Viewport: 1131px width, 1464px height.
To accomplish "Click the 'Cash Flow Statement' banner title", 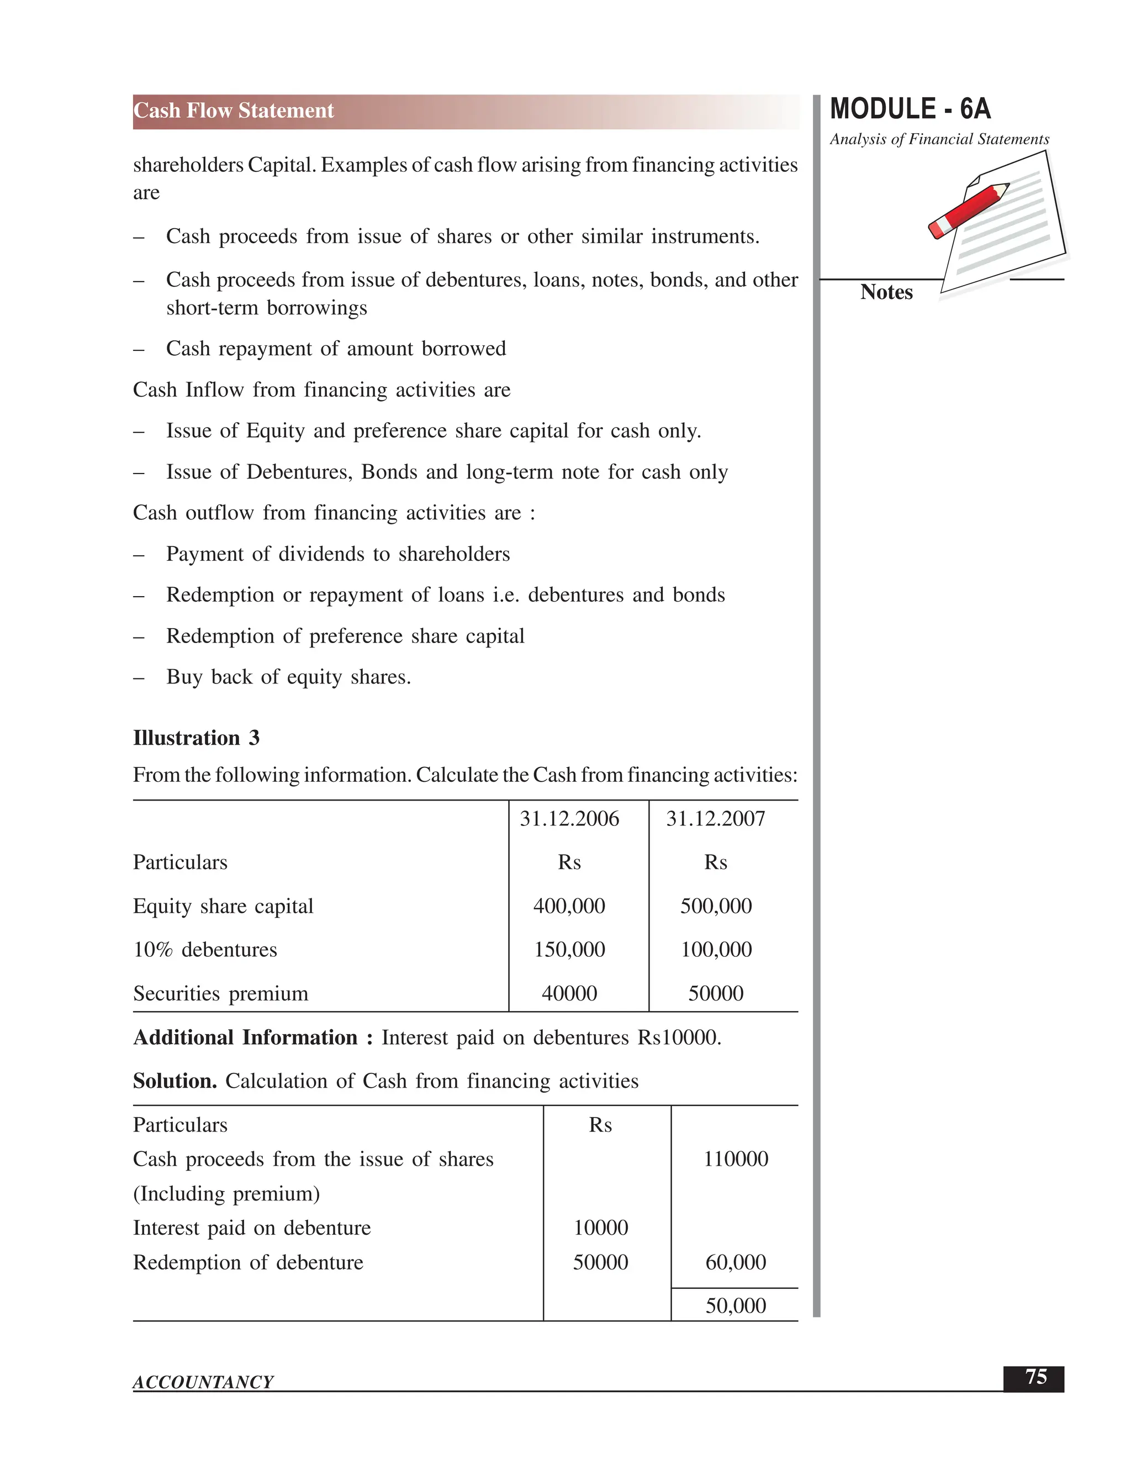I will [233, 110].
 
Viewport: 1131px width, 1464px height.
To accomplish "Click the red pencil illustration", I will [969, 210].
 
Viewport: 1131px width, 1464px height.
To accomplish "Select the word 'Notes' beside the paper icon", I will [886, 292].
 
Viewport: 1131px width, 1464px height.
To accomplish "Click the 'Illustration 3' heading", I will [195, 738].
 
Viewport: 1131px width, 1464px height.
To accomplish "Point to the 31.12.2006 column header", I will [569, 819].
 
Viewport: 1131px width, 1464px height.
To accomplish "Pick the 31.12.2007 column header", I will [715, 819].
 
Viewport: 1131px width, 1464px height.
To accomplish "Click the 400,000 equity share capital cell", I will [569, 906].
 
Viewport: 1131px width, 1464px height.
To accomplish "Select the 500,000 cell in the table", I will [716, 906].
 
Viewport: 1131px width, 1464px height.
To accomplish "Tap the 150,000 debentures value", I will [569, 950].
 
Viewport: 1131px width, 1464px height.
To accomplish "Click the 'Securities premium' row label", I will [220, 993].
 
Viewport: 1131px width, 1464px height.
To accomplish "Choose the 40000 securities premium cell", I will [569, 993].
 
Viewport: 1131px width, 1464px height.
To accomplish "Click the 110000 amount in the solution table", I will [735, 1159].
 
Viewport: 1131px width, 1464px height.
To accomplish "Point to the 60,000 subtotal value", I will [735, 1262].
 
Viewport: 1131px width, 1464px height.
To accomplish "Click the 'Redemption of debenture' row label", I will [248, 1262].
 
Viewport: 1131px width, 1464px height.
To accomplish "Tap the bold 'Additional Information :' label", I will [252, 1038].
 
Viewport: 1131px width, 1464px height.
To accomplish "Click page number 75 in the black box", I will [1035, 1377].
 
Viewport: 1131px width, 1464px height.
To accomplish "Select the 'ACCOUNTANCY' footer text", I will [203, 1382].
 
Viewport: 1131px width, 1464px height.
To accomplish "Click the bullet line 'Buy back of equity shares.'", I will [288, 677].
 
